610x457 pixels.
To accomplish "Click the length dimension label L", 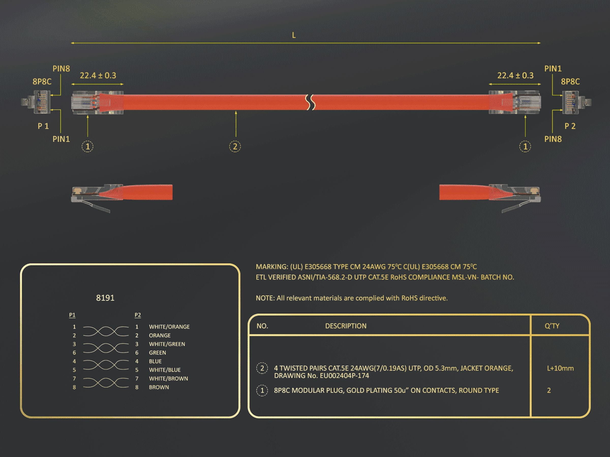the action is (x=294, y=35).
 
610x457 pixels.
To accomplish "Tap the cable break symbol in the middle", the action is (x=311, y=102).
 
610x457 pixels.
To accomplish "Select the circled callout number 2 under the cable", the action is (x=235, y=146).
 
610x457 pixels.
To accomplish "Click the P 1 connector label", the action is (x=43, y=126).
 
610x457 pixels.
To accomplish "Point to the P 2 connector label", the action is (x=570, y=126).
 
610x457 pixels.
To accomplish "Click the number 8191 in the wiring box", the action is (x=105, y=298).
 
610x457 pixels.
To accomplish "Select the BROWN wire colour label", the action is (x=159, y=387).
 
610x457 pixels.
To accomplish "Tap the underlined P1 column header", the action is (x=72, y=315).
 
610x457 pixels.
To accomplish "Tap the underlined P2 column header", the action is (x=138, y=315).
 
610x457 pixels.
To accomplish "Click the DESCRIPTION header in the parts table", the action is (x=346, y=326).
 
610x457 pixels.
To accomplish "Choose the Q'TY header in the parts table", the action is (x=552, y=326).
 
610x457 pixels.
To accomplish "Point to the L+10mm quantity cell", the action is (x=560, y=368).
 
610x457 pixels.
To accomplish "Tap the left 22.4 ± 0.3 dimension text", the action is (x=98, y=75).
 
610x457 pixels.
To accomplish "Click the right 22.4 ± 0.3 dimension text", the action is (x=515, y=75).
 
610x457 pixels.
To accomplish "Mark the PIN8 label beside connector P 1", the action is (x=61, y=69).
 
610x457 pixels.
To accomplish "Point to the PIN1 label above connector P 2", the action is (x=553, y=69).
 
